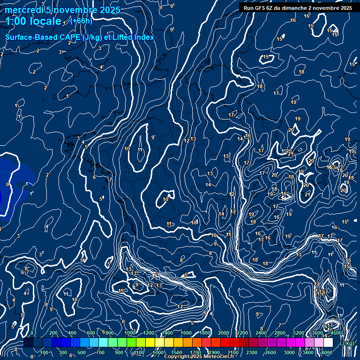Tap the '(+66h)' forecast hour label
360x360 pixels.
81,21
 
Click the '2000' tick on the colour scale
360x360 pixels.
224,333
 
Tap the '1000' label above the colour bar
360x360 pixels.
130,333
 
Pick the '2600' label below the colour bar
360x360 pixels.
270,352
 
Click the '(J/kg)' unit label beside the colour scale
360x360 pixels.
347,343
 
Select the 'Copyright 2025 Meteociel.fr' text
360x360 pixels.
199,357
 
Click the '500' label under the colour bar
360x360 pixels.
82,352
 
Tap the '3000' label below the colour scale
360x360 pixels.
289,352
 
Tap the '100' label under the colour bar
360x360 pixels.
45,352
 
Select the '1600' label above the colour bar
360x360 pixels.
186,333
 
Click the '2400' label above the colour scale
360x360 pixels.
261,333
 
